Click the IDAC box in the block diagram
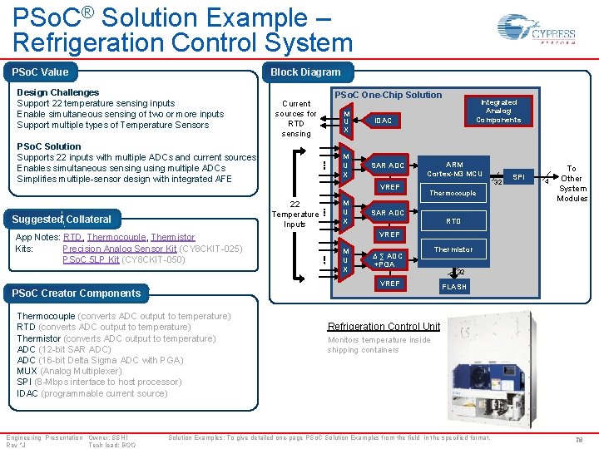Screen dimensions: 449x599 click(x=383, y=121)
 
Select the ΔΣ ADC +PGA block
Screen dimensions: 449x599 click(x=387, y=260)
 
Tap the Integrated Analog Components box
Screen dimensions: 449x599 click(x=498, y=111)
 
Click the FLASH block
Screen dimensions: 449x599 click(x=454, y=287)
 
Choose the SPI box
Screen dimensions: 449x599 click(x=518, y=178)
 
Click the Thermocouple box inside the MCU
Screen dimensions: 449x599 click(x=453, y=194)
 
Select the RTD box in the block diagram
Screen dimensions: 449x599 click(x=453, y=221)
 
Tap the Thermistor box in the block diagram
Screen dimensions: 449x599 click(x=453, y=249)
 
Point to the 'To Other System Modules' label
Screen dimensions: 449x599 click(x=572, y=183)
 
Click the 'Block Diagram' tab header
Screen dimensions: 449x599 click(x=305, y=72)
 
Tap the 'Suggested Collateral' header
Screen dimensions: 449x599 click(x=62, y=220)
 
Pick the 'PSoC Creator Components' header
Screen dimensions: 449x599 click(x=76, y=293)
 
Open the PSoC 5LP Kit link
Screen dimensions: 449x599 click(x=91, y=259)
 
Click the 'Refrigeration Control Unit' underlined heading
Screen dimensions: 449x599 click(x=384, y=327)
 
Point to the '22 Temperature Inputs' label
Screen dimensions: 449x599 click(x=295, y=214)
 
